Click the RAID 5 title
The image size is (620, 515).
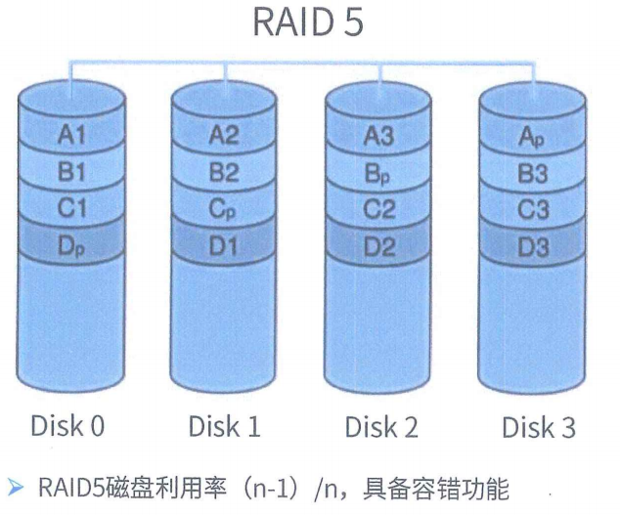(x=309, y=22)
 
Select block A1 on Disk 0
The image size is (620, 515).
(x=72, y=135)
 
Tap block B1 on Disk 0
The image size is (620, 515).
(x=72, y=172)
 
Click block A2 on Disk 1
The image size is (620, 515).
(x=224, y=135)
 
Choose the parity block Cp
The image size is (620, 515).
(x=224, y=209)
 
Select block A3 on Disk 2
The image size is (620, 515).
(x=378, y=136)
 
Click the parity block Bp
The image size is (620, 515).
(x=378, y=173)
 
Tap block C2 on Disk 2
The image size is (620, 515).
(x=378, y=209)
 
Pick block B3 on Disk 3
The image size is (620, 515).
(x=531, y=173)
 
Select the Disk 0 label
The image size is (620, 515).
(x=67, y=426)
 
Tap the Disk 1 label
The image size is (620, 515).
(x=224, y=426)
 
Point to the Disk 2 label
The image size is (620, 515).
(x=381, y=427)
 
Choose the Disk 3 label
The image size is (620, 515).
(x=538, y=427)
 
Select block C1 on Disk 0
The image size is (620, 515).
(x=72, y=209)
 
